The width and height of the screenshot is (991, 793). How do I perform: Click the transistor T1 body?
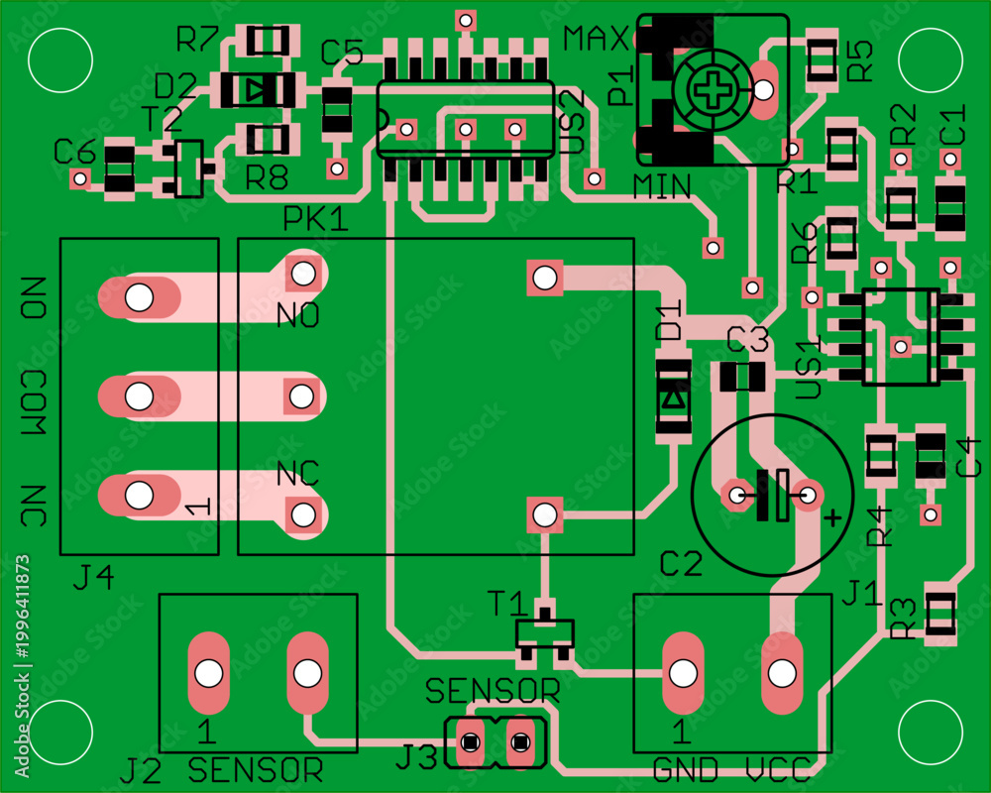[x=544, y=632]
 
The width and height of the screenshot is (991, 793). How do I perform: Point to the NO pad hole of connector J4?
[x=139, y=296]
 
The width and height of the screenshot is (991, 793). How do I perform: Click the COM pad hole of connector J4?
[x=139, y=396]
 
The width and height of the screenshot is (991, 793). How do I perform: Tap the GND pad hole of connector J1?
[x=683, y=673]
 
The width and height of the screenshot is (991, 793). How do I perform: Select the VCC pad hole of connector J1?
[x=782, y=673]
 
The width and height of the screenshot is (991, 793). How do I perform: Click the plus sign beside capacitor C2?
[x=833, y=517]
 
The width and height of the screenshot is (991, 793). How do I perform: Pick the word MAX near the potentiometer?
[x=596, y=39]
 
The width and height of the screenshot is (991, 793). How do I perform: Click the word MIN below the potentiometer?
[x=661, y=186]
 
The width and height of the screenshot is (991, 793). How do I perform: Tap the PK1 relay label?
[x=315, y=219]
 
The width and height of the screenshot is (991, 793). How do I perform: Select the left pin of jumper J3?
[x=470, y=741]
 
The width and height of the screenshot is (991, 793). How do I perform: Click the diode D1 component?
[x=673, y=400]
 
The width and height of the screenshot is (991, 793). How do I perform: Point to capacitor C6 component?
[x=119, y=169]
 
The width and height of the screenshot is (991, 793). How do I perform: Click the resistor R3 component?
[x=940, y=613]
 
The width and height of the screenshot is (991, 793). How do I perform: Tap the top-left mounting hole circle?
[x=60, y=60]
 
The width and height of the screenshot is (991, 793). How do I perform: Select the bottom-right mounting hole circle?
[x=931, y=733]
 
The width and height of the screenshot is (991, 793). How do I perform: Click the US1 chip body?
[x=901, y=336]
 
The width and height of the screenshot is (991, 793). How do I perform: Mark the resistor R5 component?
[x=823, y=59]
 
